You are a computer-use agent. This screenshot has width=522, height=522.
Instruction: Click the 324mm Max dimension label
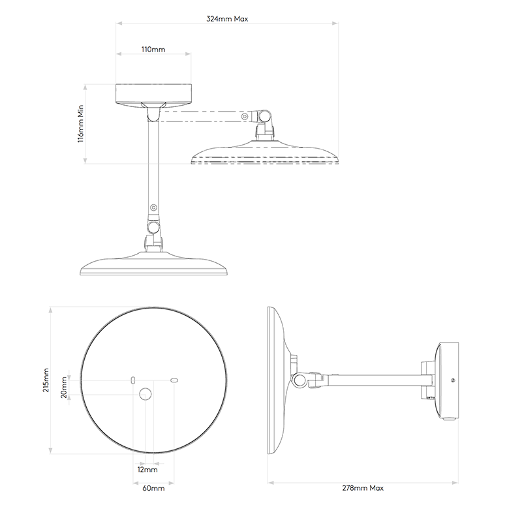pyautogui.click(x=227, y=20)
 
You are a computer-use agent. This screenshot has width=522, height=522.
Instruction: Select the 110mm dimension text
pyautogui.click(x=153, y=50)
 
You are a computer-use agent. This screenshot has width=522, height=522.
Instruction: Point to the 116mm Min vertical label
pyautogui.click(x=81, y=124)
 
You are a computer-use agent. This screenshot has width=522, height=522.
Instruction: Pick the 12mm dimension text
pyautogui.click(x=147, y=469)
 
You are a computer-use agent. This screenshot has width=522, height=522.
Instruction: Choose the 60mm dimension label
pyautogui.click(x=154, y=487)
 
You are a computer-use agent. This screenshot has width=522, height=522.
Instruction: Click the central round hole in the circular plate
pyautogui.click(x=146, y=393)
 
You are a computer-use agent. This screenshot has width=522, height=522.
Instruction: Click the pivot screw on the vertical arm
pyautogui.click(x=153, y=207)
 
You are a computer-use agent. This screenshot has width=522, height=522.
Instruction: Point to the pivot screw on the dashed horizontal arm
pyautogui.click(x=245, y=117)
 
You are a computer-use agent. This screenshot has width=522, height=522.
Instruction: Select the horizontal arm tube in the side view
pyautogui.click(x=375, y=379)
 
